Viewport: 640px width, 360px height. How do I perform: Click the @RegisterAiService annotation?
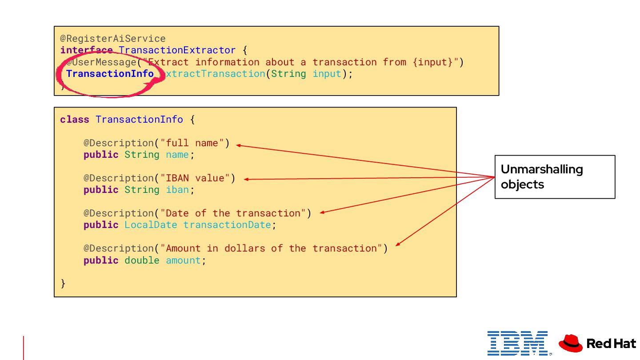pos(113,39)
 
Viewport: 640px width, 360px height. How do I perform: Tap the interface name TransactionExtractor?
pos(177,50)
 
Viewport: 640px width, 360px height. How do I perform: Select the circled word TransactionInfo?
pos(110,74)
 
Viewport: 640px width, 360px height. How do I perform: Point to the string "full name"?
pos(192,143)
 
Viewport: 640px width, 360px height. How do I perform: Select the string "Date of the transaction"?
pos(233,213)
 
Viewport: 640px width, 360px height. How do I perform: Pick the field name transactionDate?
pos(227,225)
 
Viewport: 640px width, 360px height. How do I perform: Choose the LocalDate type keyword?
pos(151,225)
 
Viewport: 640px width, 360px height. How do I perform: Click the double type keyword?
pos(142,260)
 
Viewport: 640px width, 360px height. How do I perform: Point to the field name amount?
pos(183,260)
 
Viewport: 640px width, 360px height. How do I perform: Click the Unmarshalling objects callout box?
pos(555,177)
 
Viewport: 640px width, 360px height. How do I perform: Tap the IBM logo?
pos(517,343)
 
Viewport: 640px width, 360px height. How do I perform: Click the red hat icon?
pos(570,343)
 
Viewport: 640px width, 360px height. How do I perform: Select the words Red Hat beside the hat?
pos(611,344)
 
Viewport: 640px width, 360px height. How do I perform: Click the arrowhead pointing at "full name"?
pos(238,145)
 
